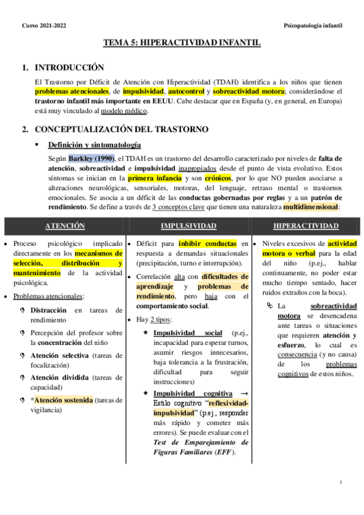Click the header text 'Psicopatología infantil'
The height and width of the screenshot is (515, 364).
312,26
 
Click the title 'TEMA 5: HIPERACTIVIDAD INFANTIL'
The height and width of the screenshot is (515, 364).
182,44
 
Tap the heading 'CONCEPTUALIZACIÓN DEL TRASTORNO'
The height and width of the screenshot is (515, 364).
122,129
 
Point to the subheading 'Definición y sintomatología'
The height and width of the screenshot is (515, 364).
95,146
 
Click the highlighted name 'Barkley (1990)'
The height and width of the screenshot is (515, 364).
91,159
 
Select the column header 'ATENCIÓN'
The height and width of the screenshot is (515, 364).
65,226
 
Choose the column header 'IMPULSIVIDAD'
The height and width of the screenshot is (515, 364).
188,226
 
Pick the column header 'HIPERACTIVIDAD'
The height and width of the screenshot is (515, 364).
306,226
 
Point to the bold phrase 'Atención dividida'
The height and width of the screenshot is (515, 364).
60,377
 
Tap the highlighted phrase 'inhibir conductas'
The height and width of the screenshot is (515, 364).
204,244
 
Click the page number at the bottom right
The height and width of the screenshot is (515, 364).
342,482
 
